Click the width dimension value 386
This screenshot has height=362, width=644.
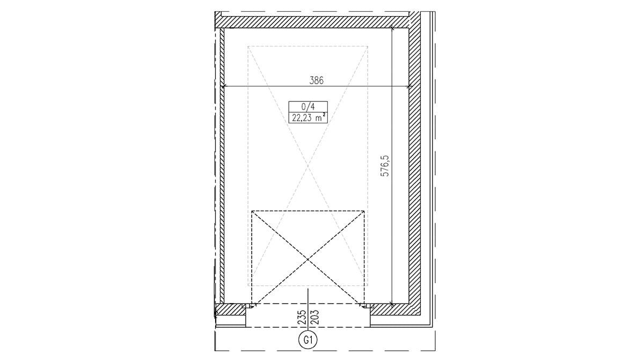[x=316, y=80]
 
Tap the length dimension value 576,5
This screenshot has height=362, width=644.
[x=385, y=166]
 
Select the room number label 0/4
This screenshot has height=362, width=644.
[x=308, y=107]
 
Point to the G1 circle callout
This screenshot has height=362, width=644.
[x=308, y=340]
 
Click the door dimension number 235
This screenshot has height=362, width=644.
[x=302, y=317]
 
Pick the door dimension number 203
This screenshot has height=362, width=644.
[x=315, y=317]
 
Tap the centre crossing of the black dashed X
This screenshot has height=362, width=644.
[x=308, y=260]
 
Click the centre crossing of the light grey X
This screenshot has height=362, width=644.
[x=308, y=166]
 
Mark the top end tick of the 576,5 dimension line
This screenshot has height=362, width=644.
[x=392, y=27]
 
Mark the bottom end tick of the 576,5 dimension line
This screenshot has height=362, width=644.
[x=392, y=304]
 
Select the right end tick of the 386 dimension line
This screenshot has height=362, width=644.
[x=409, y=86]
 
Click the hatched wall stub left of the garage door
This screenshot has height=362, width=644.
[x=230, y=309]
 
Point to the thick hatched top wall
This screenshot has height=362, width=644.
[x=312, y=22]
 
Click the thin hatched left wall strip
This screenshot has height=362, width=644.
[x=222, y=166]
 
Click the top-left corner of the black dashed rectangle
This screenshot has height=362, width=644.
[x=252, y=211]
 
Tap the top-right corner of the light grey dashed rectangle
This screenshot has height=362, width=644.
[x=368, y=46]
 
